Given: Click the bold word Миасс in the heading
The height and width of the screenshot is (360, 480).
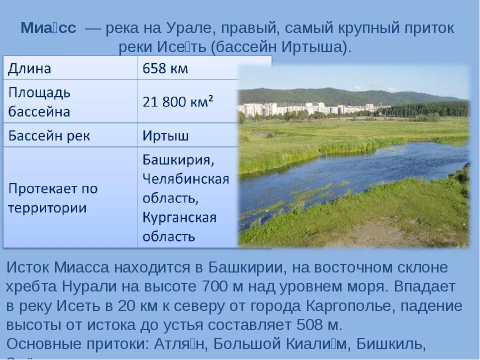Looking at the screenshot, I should [48, 28].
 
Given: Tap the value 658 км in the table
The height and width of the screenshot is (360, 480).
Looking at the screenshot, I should [165, 68].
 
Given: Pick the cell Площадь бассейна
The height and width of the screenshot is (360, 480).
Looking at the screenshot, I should [39, 101].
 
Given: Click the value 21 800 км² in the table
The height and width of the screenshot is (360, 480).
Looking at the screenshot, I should [178, 101].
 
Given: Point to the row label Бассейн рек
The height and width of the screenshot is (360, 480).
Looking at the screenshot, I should [48, 135].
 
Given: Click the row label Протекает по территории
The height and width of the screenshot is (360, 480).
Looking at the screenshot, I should [52, 198].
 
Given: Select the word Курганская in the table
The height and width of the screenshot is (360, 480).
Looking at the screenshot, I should [179, 217].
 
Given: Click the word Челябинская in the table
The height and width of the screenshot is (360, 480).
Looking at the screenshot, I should [185, 179].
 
